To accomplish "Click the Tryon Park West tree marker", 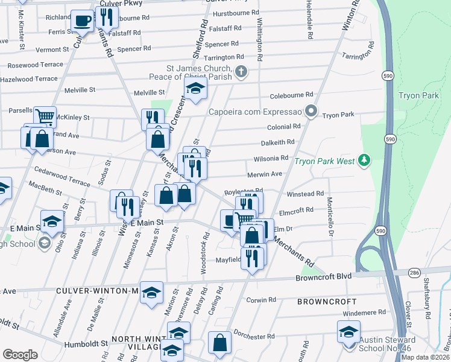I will click(363, 160).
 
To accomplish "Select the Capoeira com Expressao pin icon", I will click(311, 111).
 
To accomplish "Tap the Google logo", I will click(20, 354).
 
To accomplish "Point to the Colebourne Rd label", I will click(292, 95).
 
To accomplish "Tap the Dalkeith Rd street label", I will click(277, 142).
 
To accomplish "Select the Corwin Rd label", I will click(261, 299).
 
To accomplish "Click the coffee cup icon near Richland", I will click(82, 21).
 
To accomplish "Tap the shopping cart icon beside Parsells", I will click(45, 115).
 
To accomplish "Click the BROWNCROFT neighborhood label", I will click(326, 301).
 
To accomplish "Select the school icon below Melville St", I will click(195, 89).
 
